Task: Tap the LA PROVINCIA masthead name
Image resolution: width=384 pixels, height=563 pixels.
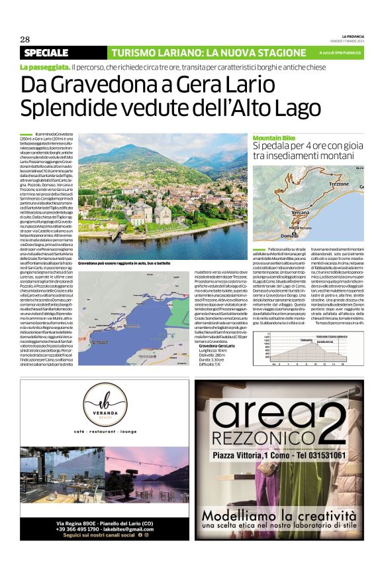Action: [352, 35]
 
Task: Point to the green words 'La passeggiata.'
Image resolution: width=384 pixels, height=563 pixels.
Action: [44, 67]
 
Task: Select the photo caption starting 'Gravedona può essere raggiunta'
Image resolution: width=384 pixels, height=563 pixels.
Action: [124, 264]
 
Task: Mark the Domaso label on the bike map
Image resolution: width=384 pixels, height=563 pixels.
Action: [290, 235]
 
